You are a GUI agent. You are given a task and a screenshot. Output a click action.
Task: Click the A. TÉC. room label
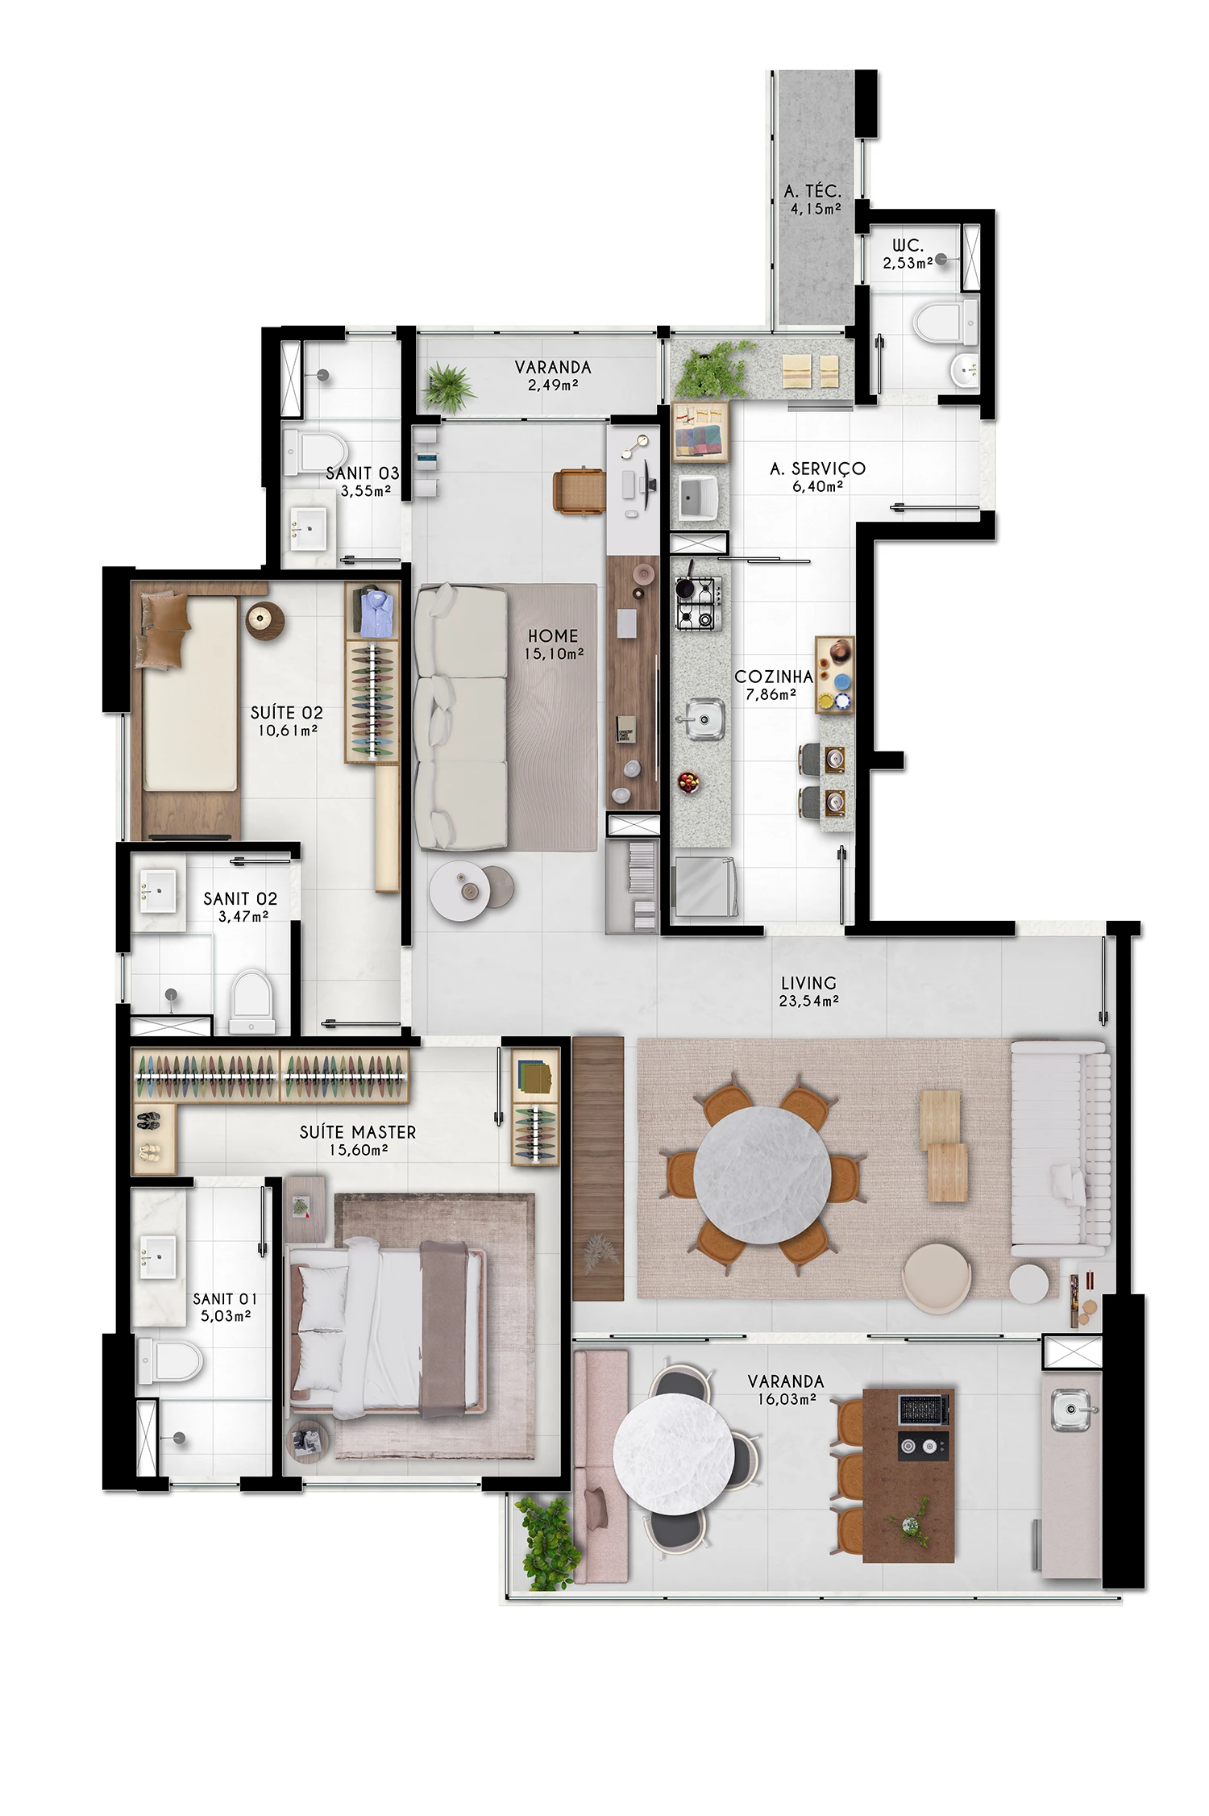point(812,199)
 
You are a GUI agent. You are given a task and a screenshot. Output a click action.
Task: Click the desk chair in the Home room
point(578,489)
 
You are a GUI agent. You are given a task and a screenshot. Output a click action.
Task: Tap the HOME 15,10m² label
point(553,644)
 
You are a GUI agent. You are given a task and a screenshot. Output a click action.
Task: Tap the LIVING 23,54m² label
point(808,991)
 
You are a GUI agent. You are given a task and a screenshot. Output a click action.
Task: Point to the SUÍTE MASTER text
point(358,1132)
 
